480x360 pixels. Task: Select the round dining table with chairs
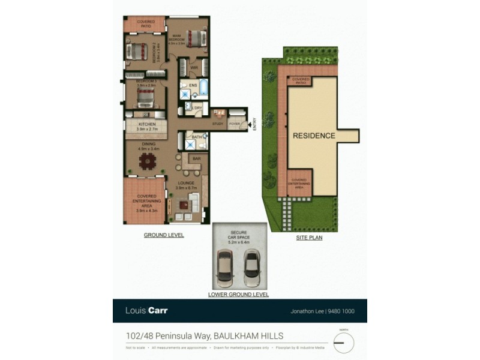(x=146, y=161)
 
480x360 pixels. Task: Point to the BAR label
(x=196, y=158)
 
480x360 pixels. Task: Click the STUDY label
(x=217, y=124)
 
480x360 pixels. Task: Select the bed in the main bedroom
(x=196, y=38)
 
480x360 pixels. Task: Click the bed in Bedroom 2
(x=137, y=50)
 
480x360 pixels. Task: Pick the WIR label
(x=194, y=68)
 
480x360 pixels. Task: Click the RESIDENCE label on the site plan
(x=314, y=136)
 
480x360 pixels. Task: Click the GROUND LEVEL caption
(x=163, y=235)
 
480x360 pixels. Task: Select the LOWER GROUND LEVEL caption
(x=238, y=295)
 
